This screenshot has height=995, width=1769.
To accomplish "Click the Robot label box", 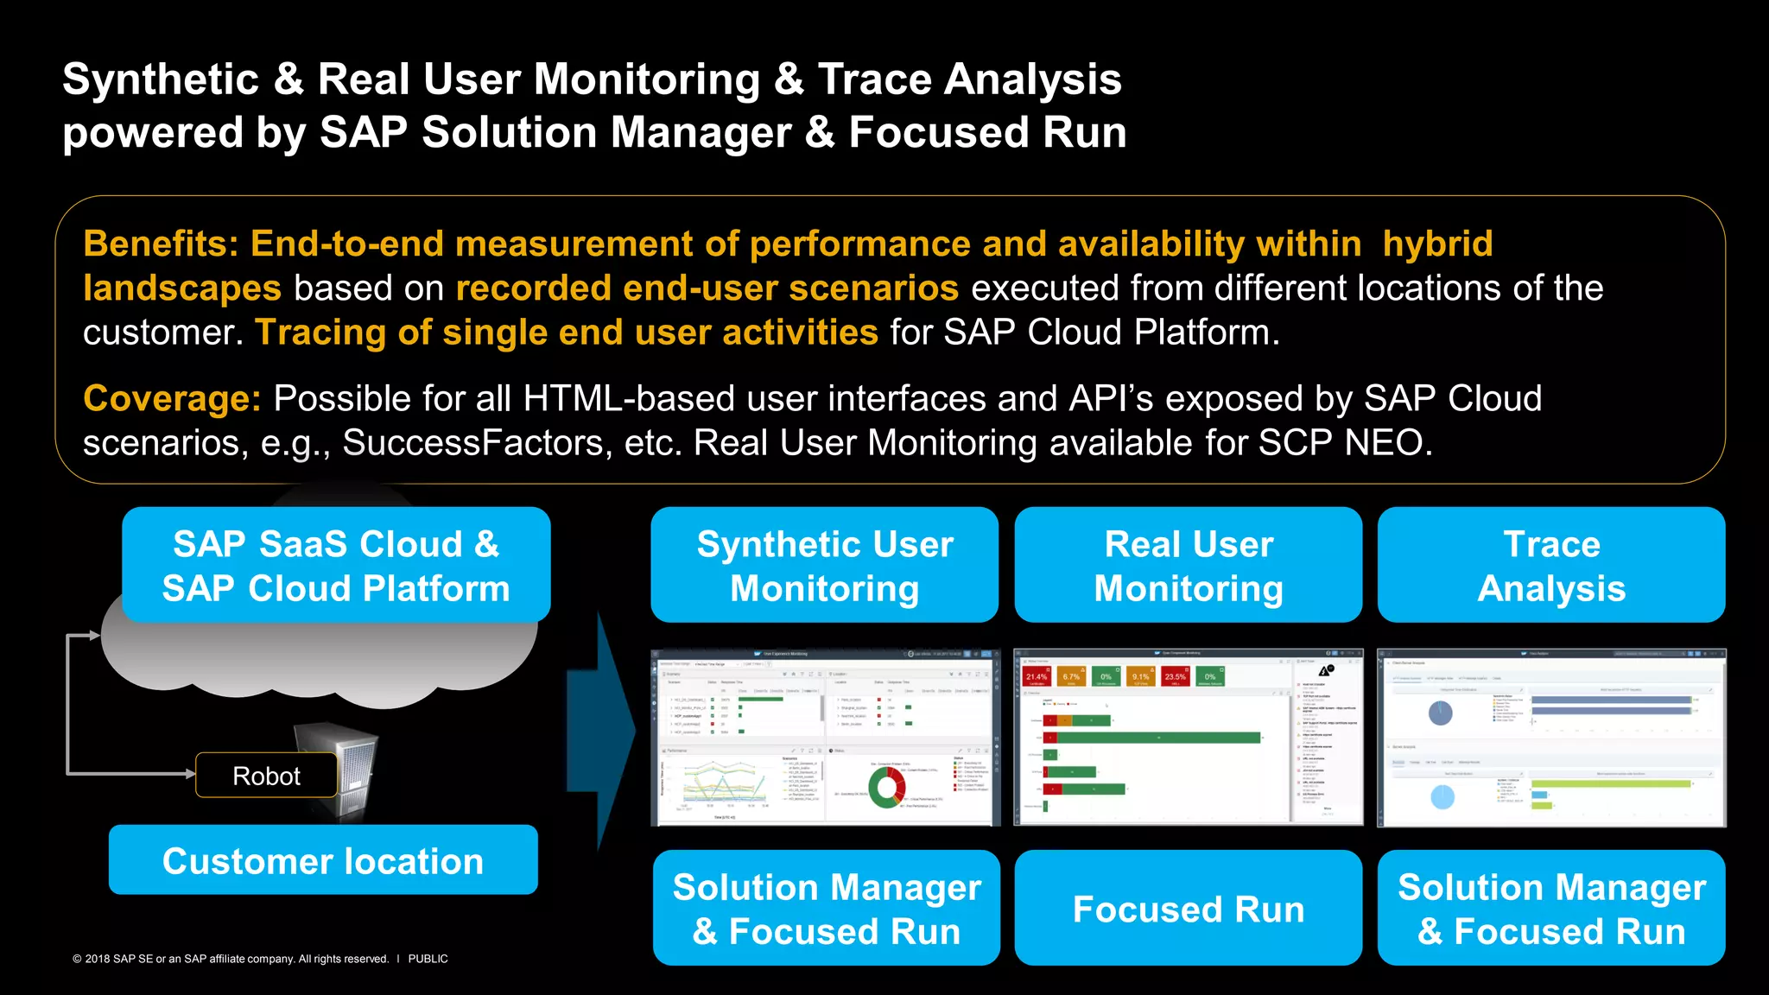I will (x=266, y=775).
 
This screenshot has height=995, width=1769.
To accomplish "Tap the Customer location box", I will (x=323, y=859).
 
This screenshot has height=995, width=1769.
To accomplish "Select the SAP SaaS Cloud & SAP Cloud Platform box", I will (x=336, y=565).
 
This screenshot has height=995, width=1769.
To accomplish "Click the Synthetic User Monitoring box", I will (x=824, y=565).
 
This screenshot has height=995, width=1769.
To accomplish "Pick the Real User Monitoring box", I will (x=1188, y=565).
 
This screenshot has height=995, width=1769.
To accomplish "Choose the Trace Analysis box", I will (x=1551, y=565).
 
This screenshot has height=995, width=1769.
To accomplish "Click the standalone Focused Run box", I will (x=1188, y=908).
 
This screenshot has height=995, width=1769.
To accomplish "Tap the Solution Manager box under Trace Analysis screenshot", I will (x=1551, y=908).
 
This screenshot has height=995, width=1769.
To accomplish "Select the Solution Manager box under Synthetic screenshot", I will (x=827, y=908).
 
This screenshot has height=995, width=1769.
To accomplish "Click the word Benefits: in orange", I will (x=161, y=244).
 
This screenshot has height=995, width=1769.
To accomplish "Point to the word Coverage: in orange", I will (x=172, y=398).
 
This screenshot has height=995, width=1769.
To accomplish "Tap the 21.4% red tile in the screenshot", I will (x=1037, y=677).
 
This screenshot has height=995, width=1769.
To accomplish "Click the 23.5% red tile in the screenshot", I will (x=1176, y=677).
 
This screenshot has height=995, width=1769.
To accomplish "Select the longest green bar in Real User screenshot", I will (x=1157, y=738).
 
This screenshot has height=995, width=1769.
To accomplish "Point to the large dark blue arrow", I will (x=605, y=730).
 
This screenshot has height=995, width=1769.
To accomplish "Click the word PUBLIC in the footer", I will (x=428, y=959).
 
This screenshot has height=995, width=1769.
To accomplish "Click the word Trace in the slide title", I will (x=873, y=79).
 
